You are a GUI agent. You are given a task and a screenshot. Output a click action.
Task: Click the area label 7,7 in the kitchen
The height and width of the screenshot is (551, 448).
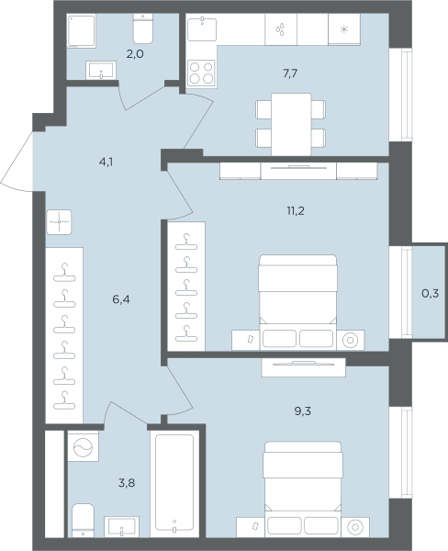click(290, 73)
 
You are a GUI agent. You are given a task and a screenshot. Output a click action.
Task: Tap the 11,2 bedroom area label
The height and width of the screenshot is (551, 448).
click(296, 211)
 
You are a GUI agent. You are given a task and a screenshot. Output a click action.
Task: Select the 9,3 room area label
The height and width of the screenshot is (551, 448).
click(303, 411)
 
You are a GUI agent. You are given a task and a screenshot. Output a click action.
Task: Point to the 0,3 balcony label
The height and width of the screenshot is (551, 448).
click(430, 293)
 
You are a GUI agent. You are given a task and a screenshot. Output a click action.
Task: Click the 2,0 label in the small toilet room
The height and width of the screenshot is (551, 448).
click(135, 54)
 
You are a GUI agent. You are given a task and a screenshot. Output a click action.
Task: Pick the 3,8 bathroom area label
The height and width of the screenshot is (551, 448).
click(127, 483)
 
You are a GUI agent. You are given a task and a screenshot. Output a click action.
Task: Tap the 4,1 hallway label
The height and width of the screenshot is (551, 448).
click(106, 163)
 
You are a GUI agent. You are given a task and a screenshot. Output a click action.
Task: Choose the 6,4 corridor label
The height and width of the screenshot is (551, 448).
click(121, 299)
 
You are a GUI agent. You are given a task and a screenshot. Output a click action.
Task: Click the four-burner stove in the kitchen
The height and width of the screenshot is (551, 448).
click(201, 73)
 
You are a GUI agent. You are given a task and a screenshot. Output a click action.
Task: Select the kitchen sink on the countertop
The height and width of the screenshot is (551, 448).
click(202, 28)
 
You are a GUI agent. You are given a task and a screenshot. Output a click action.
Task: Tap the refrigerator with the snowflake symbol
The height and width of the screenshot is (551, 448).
click(344, 29)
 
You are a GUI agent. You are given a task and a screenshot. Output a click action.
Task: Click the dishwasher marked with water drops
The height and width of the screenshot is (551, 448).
click(281, 29)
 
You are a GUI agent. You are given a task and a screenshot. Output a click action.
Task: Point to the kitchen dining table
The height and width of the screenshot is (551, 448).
click(291, 124)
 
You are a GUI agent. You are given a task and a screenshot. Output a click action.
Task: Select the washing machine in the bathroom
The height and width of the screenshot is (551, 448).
click(84, 446)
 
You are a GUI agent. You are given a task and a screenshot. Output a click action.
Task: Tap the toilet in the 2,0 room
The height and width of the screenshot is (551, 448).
click(143, 28)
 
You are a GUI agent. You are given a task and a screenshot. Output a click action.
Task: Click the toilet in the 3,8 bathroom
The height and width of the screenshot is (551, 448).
click(83, 521)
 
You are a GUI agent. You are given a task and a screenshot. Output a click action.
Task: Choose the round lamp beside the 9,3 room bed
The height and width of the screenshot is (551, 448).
click(355, 527)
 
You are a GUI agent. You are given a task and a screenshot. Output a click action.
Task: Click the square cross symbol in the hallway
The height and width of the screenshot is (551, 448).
click(59, 222)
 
